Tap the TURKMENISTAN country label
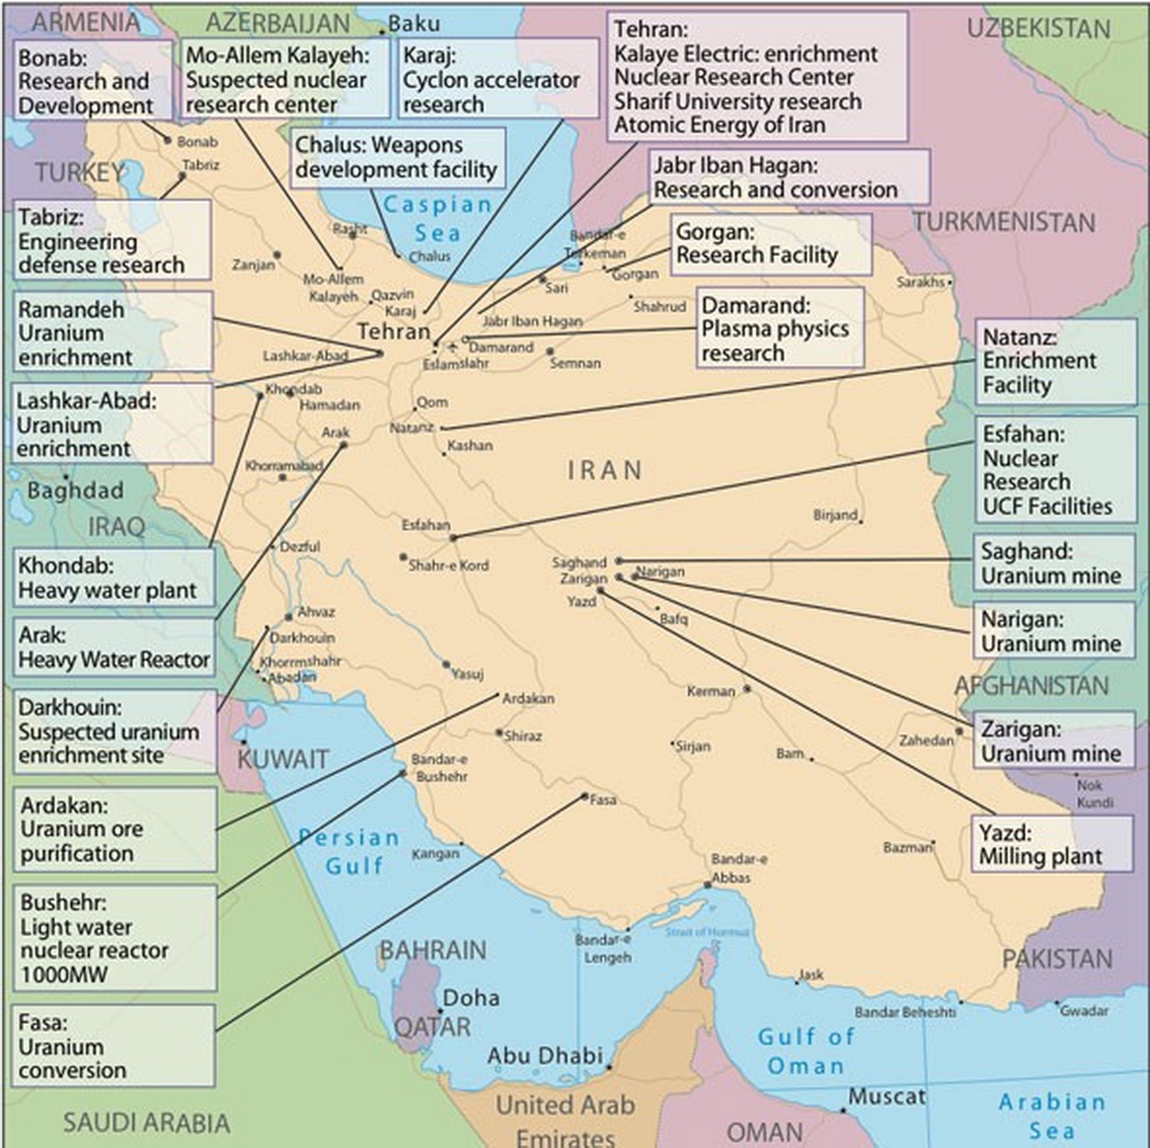1003,222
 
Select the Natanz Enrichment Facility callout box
1055,362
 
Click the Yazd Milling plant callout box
1051,844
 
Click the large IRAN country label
604,471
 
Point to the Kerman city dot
747,689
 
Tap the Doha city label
471,997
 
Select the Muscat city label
886,1096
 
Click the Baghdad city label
75,491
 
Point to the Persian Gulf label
350,851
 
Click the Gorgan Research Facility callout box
771,244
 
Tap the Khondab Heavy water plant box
114,578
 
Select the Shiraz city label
523,736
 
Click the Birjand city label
835,515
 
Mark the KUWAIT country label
283,759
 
